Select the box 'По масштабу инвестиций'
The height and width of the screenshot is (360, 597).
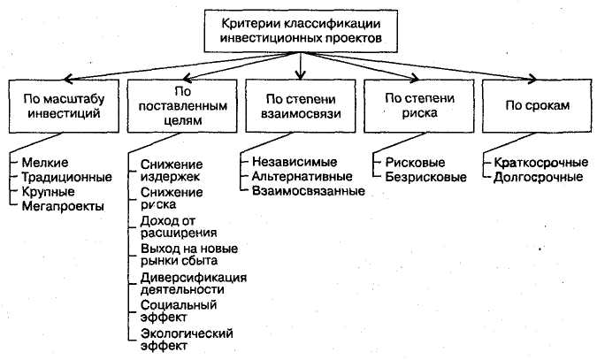tap(61, 104)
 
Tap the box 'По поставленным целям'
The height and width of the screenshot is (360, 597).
tap(180, 104)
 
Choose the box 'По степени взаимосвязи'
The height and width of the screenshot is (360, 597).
tap(302, 104)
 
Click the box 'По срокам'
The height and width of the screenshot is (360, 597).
tap(536, 104)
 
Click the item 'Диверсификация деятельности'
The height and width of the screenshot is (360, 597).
tap(193, 282)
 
